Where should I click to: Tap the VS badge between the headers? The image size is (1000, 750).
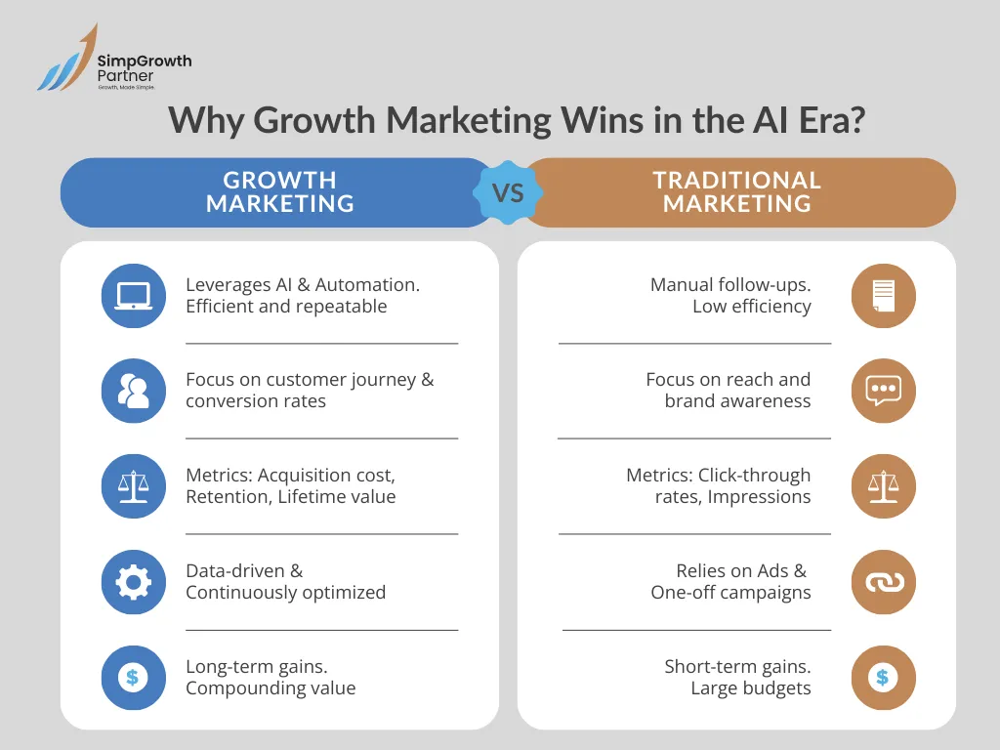coord(508,192)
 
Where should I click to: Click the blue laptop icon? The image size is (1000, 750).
coord(134,295)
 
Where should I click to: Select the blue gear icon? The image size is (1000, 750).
coord(134,582)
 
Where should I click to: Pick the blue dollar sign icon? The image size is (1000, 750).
coord(134,677)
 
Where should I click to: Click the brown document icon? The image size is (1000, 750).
coord(883,295)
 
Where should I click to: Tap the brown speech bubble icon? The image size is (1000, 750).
coord(883,391)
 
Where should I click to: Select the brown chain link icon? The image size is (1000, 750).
coord(883,582)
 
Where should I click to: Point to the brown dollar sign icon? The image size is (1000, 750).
coord(883,677)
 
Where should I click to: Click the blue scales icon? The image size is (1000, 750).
coord(134,486)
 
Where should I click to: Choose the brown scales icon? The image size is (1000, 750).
coord(883,486)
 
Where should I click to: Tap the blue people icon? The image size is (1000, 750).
coord(134,391)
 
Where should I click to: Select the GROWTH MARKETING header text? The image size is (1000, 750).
coord(279,192)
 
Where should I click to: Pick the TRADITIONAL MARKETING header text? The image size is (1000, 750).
coord(737,192)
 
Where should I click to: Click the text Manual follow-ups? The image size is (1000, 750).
coord(730,285)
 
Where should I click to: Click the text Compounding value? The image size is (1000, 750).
coord(271,688)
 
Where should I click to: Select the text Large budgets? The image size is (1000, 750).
coord(750,688)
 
